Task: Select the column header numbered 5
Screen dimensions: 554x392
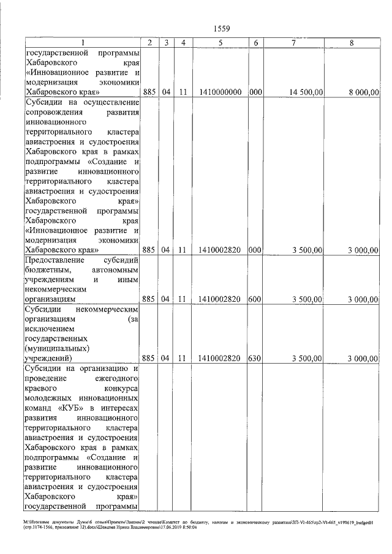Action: (220, 43)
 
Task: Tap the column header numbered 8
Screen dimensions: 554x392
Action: (351, 43)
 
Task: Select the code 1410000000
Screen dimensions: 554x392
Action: (220, 92)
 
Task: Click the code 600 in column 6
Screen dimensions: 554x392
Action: (255, 299)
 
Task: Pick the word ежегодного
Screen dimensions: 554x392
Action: (116, 379)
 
